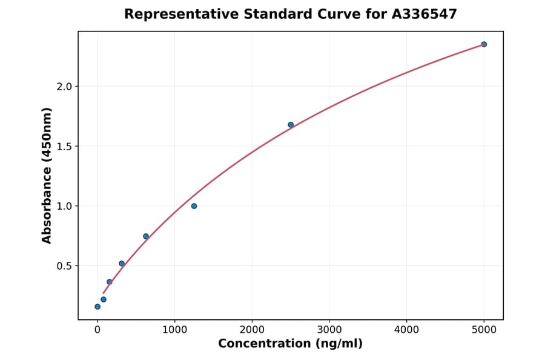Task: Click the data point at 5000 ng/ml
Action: pos(484,44)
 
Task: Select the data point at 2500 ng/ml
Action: pos(291,125)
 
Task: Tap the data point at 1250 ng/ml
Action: pos(194,206)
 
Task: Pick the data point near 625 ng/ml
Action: pos(146,236)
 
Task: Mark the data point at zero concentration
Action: pos(97,307)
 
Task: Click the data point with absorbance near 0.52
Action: pos(122,264)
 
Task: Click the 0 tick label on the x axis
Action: pos(97,330)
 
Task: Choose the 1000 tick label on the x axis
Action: pos(175,330)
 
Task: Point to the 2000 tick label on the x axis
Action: pos(252,330)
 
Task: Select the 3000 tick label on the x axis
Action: pos(329,330)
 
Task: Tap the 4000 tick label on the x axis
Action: pos(406,330)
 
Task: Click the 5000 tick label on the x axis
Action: pos(484,330)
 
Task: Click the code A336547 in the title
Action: pos(422,14)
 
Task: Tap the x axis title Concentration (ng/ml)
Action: pos(291,344)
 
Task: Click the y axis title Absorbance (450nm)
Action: pos(47,175)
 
